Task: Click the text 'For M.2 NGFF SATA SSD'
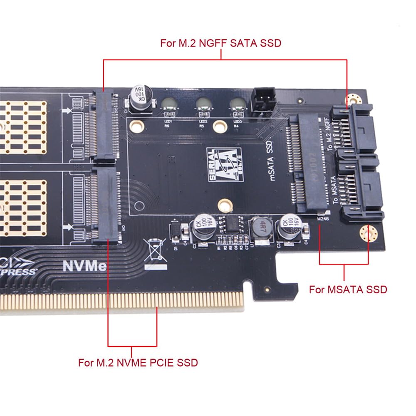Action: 221,43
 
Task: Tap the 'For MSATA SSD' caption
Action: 348,289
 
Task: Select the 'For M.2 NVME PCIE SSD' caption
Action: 138,362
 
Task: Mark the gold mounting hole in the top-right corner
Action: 354,99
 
